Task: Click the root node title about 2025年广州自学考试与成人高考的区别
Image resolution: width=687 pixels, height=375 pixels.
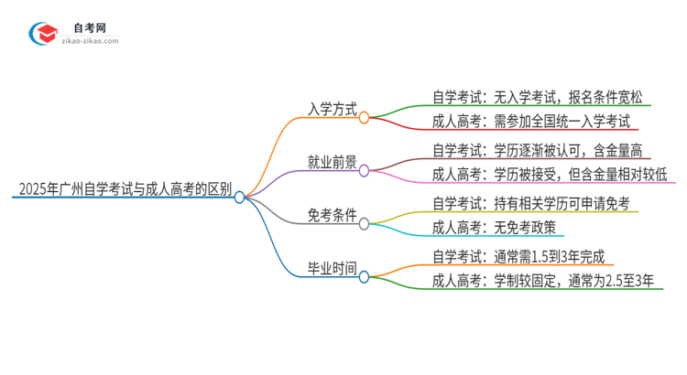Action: (125, 192)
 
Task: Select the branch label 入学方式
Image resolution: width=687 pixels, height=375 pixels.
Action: (332, 108)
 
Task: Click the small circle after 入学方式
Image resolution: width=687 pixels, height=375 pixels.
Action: (364, 117)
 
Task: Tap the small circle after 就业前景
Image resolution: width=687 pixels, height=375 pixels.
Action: (364, 170)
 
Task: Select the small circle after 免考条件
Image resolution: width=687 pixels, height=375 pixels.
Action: (364, 223)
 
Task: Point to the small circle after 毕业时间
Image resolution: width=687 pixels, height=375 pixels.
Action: (364, 276)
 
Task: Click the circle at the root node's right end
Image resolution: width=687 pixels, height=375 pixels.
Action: (240, 197)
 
